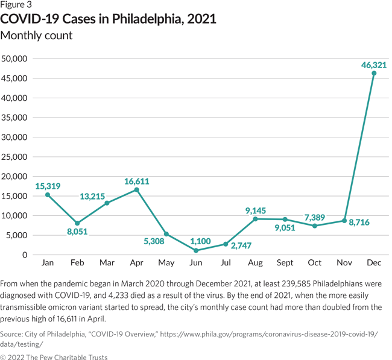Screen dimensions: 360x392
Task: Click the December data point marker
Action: tap(374, 74)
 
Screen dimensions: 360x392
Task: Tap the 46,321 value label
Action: tap(373, 64)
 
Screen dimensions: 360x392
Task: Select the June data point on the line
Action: tap(196, 250)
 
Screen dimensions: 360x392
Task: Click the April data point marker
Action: tap(137, 190)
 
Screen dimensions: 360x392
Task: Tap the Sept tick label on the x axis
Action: tap(285, 264)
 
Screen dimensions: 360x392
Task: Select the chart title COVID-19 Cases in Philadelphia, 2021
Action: tap(109, 19)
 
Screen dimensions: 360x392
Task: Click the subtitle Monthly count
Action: tap(37, 36)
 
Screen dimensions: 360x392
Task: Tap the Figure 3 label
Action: tap(16, 5)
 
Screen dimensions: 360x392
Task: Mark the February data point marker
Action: tap(78, 223)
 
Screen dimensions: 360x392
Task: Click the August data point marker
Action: tap(255, 219)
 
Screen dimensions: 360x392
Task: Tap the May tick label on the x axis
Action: tap(166, 264)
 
